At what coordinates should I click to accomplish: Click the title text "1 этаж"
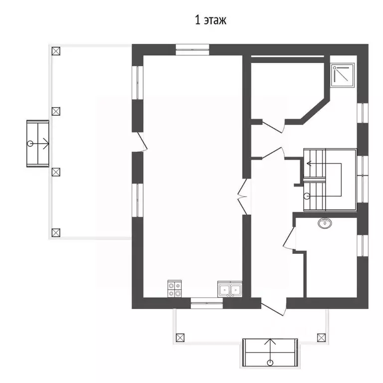coord(210,20)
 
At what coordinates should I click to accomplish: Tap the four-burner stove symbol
coord(175,289)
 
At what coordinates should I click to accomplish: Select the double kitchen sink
coord(229,289)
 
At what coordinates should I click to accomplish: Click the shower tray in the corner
coord(343,75)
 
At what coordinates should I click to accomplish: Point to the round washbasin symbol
coord(325,223)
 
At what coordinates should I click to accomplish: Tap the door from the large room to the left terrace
coord(142,142)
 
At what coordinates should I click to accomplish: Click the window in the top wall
coord(192,49)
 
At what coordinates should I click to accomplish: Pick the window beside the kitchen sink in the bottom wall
coord(206,303)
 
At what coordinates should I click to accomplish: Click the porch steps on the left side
coord(38,144)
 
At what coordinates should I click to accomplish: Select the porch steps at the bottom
coord(270,353)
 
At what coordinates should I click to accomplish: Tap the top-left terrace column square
coord(56,51)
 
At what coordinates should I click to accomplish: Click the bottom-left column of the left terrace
coord(56,232)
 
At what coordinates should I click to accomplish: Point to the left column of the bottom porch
coord(180,338)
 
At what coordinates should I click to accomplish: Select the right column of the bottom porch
coord(321,338)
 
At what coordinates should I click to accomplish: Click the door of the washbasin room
coord(289,238)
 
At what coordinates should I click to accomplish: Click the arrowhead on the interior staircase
coord(309,163)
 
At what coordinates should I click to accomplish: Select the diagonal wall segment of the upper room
coord(315,111)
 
